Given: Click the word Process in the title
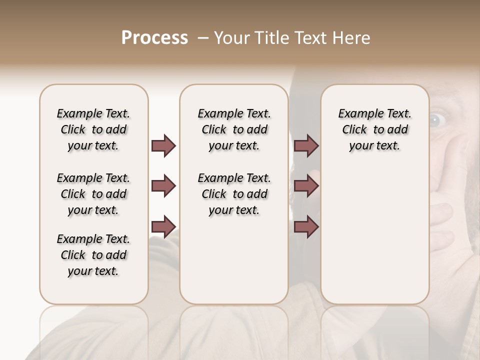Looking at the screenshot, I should pos(154,38).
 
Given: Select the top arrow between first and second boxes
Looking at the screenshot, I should pos(163,146).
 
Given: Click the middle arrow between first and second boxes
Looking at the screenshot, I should pos(163,186).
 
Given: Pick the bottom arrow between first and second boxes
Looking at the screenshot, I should pos(163,226).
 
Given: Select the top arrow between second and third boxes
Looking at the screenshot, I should pos(306,146).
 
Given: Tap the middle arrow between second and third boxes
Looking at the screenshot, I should pos(306,186).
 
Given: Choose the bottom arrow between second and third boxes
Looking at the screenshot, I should pos(306,226).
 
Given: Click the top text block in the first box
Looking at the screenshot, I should pos(93,129).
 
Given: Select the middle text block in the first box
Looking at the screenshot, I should pos(93,194).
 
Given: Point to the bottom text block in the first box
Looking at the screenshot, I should pos(93,255).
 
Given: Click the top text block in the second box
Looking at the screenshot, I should pos(234,129).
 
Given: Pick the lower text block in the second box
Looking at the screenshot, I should pos(234,194).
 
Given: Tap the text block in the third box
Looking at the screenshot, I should pos(374,129).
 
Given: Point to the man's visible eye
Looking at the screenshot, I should pos(437,118).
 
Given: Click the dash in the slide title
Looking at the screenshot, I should pos(203,38).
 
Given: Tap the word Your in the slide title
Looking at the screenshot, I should pos(232,38).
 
